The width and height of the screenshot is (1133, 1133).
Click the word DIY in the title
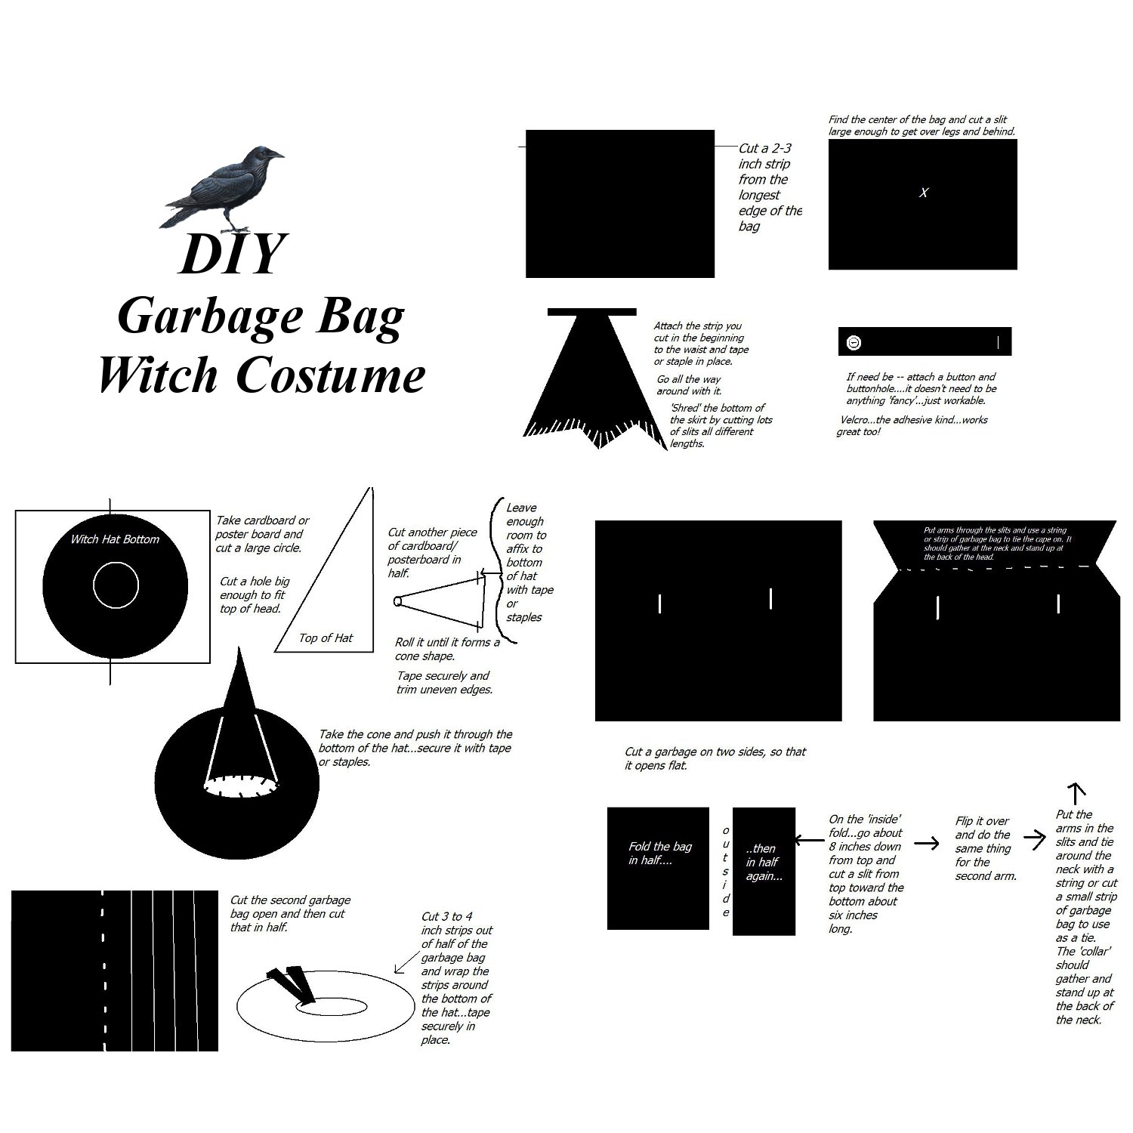coord(233,254)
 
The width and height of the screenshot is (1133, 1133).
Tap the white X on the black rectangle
coord(923,193)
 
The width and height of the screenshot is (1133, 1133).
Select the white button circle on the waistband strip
coord(854,342)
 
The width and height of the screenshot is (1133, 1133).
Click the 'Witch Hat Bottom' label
coord(115,539)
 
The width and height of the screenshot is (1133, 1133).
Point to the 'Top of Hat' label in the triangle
coord(326,638)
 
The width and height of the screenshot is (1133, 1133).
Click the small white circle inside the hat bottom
coord(116,585)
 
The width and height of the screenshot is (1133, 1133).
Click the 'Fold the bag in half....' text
coord(659,854)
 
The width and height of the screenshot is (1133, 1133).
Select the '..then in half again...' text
coord(764,862)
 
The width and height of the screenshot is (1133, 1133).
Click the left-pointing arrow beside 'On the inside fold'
coord(809,840)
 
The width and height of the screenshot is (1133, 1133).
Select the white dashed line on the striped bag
coord(103,971)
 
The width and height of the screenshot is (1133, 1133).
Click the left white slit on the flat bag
coord(660,604)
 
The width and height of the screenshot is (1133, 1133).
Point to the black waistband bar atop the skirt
coord(591,312)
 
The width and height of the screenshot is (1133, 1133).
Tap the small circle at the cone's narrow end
coord(397,602)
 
